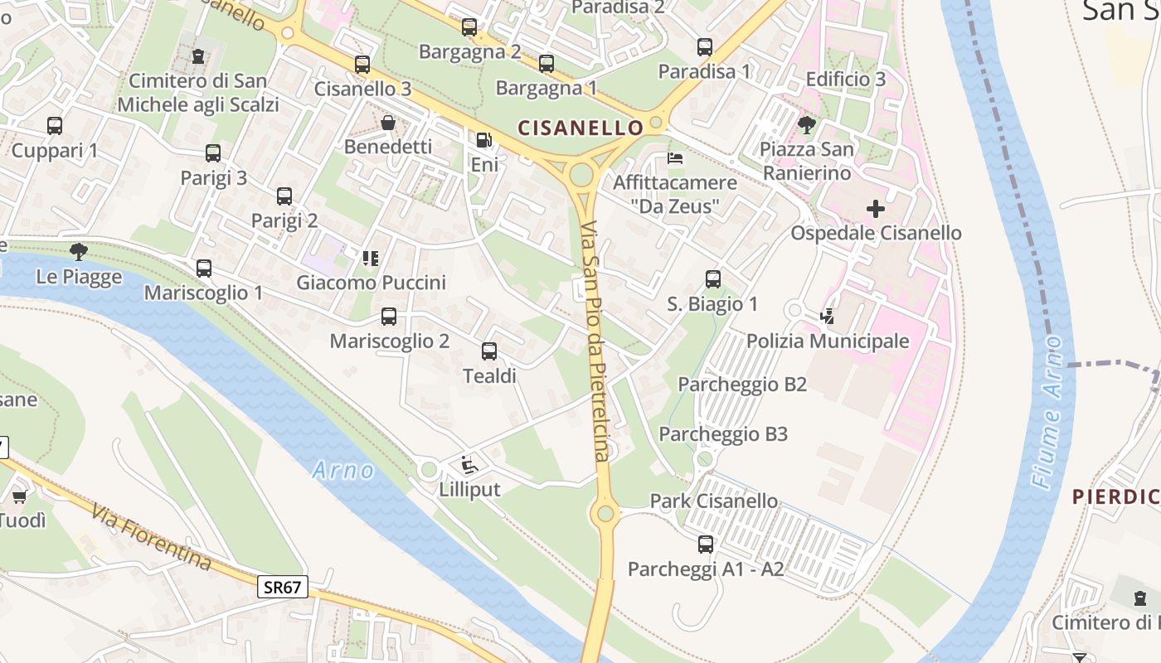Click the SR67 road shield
tap(282, 588)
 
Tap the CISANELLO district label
tap(580, 128)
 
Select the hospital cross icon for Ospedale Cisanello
tap(875, 209)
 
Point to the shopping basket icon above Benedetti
tap(388, 123)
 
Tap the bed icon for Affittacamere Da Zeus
tap(676, 157)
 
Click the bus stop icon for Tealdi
tap(489, 351)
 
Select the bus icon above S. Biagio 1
tap(713, 279)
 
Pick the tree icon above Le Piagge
tap(79, 251)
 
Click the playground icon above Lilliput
tap(469, 464)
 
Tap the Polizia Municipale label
tap(828, 341)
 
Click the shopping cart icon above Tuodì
tap(19, 496)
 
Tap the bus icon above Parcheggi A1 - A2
tap(706, 544)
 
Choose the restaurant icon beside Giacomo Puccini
tap(370, 259)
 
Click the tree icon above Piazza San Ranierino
tap(806, 125)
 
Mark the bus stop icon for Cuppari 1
tap(55, 126)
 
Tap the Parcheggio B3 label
tap(722, 433)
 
